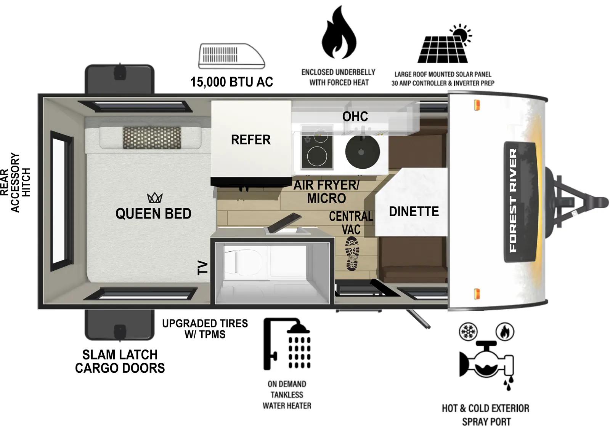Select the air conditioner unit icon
231,56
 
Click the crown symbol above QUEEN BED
155,198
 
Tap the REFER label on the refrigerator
250,140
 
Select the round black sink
362,151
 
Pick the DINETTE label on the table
414,211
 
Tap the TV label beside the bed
203,268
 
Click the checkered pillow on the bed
152,138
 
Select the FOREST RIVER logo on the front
514,201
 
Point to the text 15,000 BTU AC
231,82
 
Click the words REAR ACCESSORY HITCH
15,183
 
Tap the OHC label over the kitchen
355,117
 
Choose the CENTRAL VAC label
351,223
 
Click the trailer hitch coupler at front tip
600,201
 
